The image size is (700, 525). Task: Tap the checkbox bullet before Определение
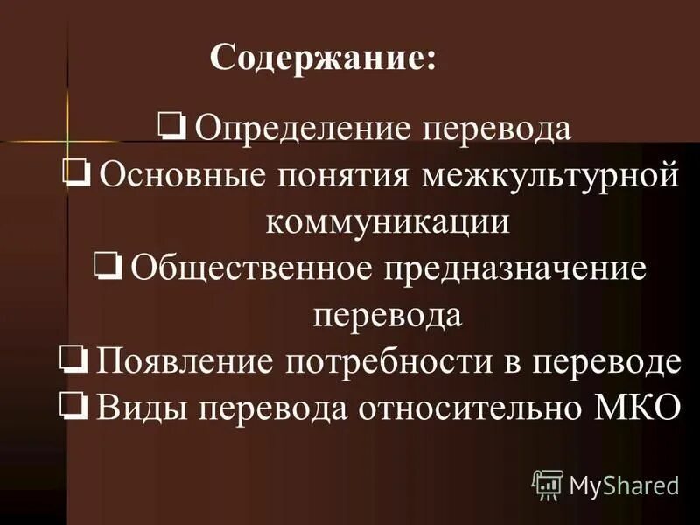(x=171, y=127)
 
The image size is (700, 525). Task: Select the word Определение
(x=304, y=129)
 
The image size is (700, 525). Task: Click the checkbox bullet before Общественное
(x=108, y=265)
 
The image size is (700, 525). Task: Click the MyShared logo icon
(x=547, y=484)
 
